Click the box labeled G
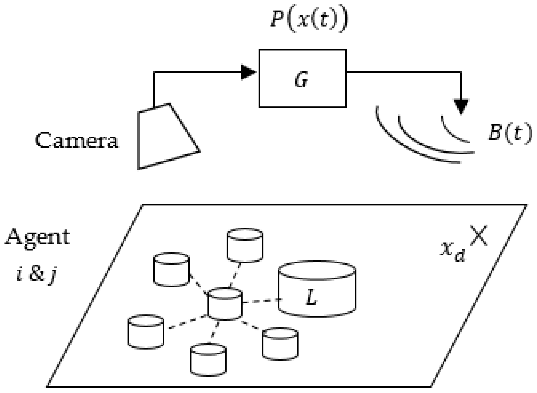(302, 78)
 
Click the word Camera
(77, 141)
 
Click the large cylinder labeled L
(317, 289)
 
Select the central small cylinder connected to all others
(225, 304)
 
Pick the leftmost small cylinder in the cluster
(146, 331)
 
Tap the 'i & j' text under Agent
(36, 275)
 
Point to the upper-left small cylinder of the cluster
(171, 270)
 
